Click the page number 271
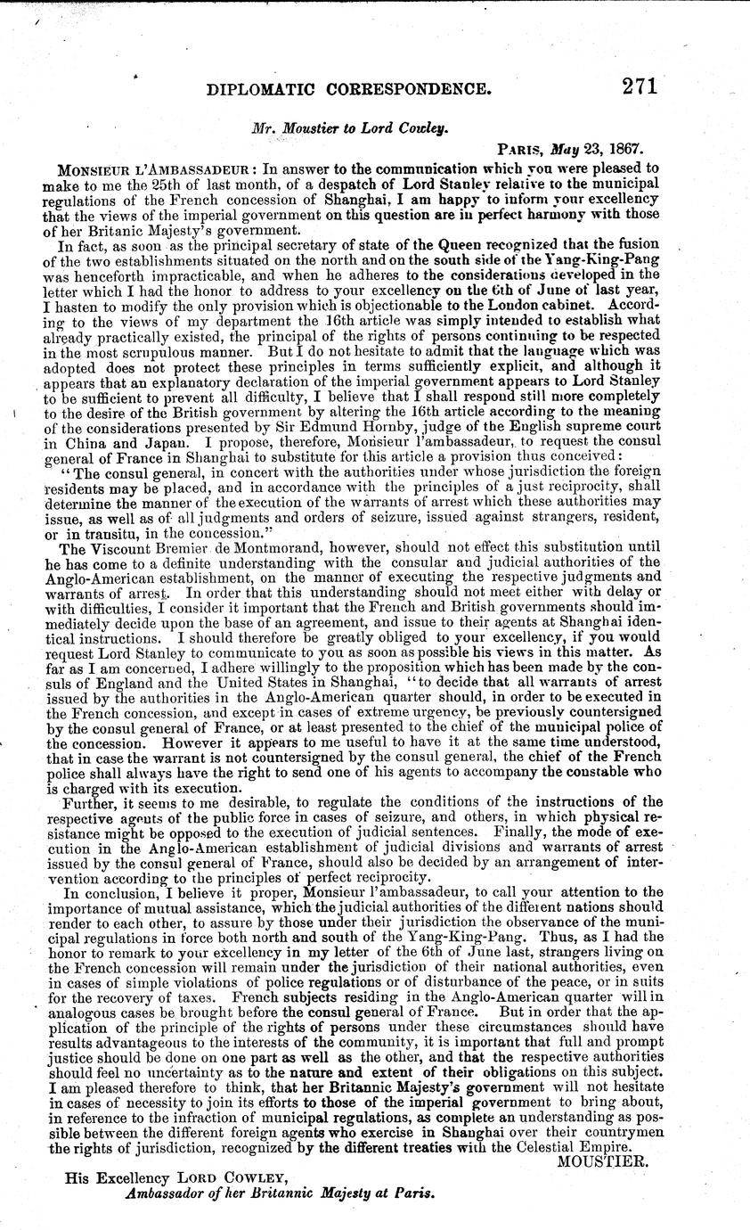point(628,86)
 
